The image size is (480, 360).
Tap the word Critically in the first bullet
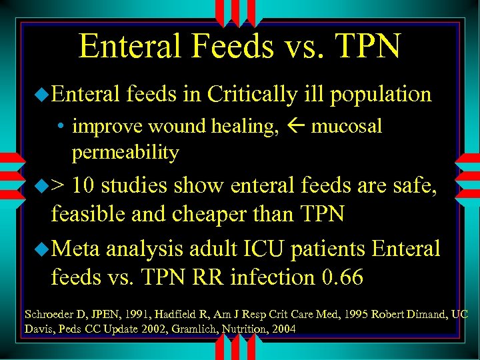tap(251, 95)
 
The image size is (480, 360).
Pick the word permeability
tap(125, 153)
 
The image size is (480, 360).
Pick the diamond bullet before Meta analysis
tap(43, 249)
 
